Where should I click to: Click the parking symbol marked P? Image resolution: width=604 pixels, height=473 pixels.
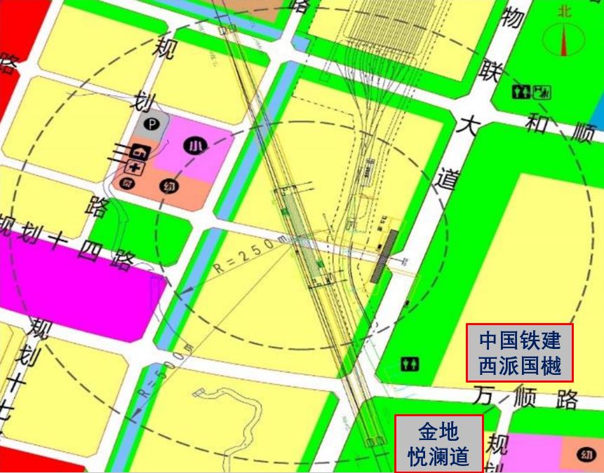coord(153,126)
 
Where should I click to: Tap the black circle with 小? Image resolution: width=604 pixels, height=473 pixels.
coord(194,146)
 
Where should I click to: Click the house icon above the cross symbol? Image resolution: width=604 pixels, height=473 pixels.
coord(139,150)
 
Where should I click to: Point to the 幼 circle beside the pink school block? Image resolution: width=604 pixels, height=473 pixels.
coord(168,186)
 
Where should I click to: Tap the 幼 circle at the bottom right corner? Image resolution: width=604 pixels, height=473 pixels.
coord(586,455)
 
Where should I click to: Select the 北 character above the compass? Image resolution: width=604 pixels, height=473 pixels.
coord(565,11)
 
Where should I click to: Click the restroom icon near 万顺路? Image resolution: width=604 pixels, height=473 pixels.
coord(410,364)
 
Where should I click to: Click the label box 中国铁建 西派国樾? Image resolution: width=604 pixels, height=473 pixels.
coord(520,352)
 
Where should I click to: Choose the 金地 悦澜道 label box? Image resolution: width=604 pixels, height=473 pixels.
coord(439,444)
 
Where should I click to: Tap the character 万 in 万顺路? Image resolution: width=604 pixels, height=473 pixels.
coord(485,394)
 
